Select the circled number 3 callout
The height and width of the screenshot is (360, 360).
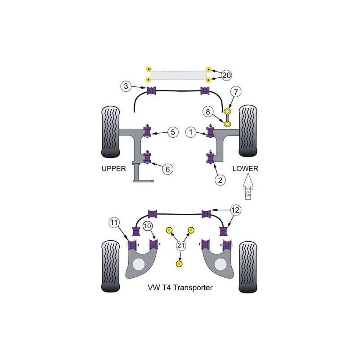click(x=126, y=85)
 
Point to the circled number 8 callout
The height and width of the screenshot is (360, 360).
click(x=207, y=112)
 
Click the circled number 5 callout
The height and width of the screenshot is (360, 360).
click(x=174, y=132)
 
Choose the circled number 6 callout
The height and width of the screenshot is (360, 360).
click(x=167, y=169)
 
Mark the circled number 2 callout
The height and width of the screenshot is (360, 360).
click(x=220, y=180)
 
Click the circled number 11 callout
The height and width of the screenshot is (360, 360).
click(x=114, y=222)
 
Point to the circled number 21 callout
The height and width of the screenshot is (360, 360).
click(x=181, y=245)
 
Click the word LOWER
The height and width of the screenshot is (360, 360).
click(x=245, y=169)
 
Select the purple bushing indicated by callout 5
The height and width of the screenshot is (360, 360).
click(x=147, y=131)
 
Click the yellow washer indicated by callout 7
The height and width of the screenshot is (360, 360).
click(x=228, y=111)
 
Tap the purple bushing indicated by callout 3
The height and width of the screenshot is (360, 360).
click(x=151, y=91)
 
